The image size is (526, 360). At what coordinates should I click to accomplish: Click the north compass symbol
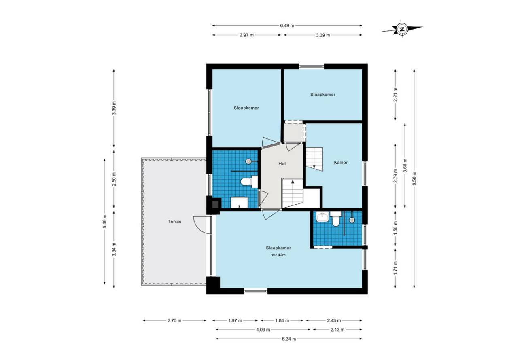coord(402,29)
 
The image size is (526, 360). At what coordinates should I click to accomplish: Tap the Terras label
coord(174,222)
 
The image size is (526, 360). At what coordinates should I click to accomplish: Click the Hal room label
coord(282,163)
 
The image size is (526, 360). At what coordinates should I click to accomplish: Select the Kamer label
coord(341,162)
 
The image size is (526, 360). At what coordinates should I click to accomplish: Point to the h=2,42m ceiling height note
coord(278,255)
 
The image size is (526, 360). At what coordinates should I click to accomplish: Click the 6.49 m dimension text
coord(287,25)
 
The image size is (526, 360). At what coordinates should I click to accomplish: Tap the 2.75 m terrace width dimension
coord(174,321)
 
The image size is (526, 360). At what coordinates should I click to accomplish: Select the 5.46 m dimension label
coord(105,221)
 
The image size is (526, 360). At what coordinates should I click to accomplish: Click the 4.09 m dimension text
coord(263,330)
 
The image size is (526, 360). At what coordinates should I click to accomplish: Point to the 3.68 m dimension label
coord(405,166)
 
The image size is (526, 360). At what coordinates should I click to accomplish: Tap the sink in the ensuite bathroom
coord(322,217)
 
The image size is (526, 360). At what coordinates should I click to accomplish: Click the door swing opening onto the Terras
coord(202,225)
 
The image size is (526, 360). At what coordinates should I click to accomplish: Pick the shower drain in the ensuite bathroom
coord(352,220)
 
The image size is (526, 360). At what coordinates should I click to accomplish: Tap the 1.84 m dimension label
coord(282,321)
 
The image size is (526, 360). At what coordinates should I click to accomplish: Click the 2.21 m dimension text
coord(395,95)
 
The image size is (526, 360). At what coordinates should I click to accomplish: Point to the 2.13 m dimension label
coord(337,330)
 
